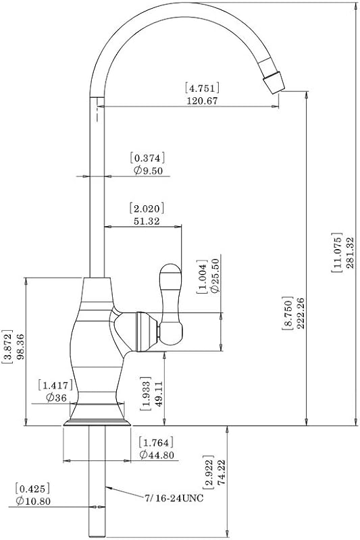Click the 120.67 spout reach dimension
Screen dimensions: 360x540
(202, 101)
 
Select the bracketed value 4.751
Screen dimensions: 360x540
(202, 88)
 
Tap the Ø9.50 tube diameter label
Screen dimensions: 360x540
(148, 170)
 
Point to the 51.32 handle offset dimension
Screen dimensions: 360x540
(147, 221)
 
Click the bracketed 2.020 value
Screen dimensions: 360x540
(147, 209)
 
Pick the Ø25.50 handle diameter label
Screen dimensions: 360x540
(215, 275)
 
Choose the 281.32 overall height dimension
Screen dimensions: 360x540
(351, 253)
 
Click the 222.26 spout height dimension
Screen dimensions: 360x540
(300, 313)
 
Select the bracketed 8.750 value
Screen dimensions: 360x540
(288, 313)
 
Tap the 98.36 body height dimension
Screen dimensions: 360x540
(20, 346)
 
